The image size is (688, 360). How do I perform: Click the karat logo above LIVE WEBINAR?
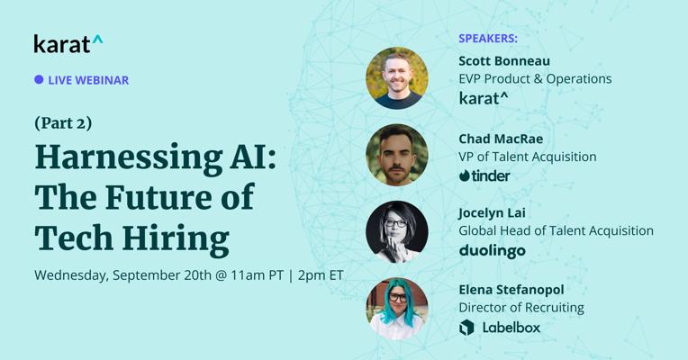(x=68, y=44)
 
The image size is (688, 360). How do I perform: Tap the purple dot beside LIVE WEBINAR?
(x=39, y=79)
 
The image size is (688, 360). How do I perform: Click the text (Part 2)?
(x=63, y=123)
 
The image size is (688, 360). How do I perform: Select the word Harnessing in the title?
(x=129, y=158)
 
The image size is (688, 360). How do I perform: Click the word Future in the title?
(x=159, y=198)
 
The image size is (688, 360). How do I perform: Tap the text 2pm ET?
(x=321, y=275)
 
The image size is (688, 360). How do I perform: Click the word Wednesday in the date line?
(x=71, y=275)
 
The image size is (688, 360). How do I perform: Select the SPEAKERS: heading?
(x=488, y=39)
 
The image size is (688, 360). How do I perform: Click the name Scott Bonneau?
(x=504, y=61)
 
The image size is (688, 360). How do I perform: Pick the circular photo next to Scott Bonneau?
(x=397, y=78)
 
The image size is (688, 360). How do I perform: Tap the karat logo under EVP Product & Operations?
(x=483, y=98)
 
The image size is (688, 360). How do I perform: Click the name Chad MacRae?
(x=501, y=139)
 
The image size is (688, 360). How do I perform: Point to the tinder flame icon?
(x=465, y=175)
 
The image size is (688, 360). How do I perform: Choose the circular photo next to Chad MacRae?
(x=397, y=155)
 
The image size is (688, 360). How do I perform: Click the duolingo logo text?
(x=492, y=251)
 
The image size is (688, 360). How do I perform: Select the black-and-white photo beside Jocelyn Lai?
(x=397, y=232)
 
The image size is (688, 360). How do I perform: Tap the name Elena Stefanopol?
(x=511, y=290)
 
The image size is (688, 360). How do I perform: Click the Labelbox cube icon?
(x=466, y=328)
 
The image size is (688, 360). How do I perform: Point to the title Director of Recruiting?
(x=521, y=308)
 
